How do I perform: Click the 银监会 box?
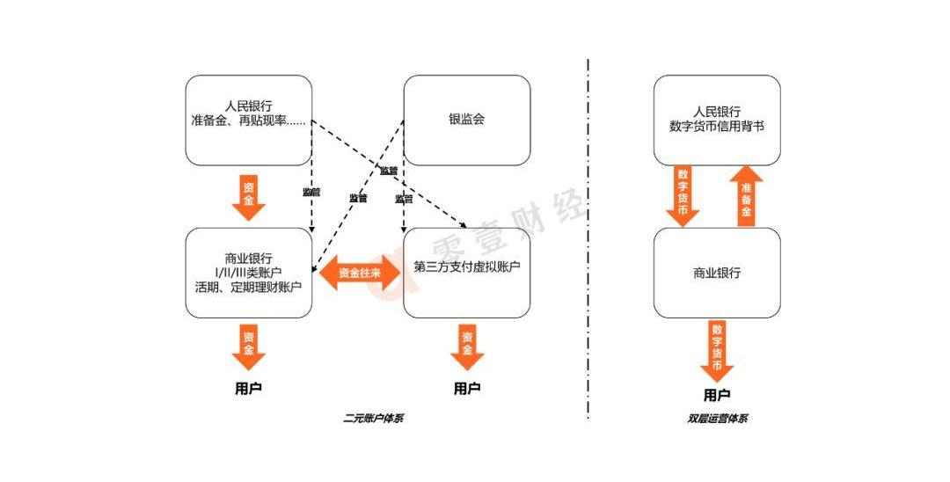(x=466, y=120)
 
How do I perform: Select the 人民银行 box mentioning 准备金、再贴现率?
(x=249, y=120)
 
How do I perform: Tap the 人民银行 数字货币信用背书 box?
(x=716, y=120)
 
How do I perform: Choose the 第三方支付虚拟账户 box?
(x=466, y=273)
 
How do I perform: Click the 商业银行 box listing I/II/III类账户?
(x=249, y=273)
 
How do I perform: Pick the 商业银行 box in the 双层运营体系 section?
(x=716, y=273)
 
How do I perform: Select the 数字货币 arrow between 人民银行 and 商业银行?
(x=683, y=196)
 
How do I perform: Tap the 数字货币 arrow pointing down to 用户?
(x=716, y=349)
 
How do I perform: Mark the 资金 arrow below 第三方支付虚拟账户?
(x=467, y=347)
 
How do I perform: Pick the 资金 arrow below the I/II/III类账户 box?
(x=248, y=347)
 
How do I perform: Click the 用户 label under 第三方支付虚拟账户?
(x=467, y=388)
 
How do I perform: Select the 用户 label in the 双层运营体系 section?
(x=716, y=395)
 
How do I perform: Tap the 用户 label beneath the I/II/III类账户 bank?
(x=248, y=388)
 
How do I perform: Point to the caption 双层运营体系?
(x=717, y=419)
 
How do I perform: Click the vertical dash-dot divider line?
(x=588, y=237)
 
